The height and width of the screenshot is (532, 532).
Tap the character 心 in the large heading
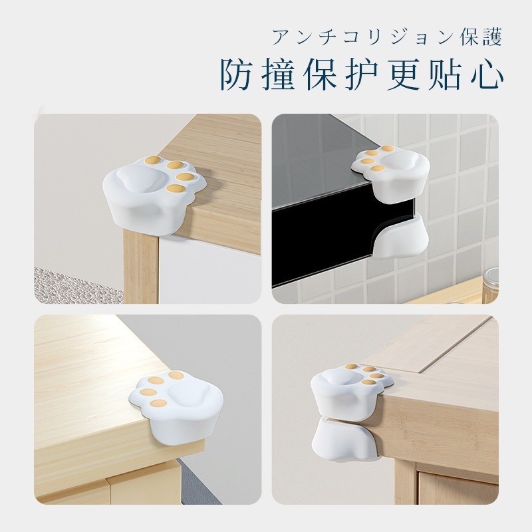pyautogui.click(x=486, y=75)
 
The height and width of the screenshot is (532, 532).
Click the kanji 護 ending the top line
pyautogui.click(x=491, y=37)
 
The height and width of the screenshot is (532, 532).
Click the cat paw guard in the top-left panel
pyautogui.click(x=155, y=193)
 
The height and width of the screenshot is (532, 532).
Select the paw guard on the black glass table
pyautogui.click(x=390, y=171)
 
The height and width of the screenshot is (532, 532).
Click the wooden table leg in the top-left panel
pyautogui.click(x=141, y=267)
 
